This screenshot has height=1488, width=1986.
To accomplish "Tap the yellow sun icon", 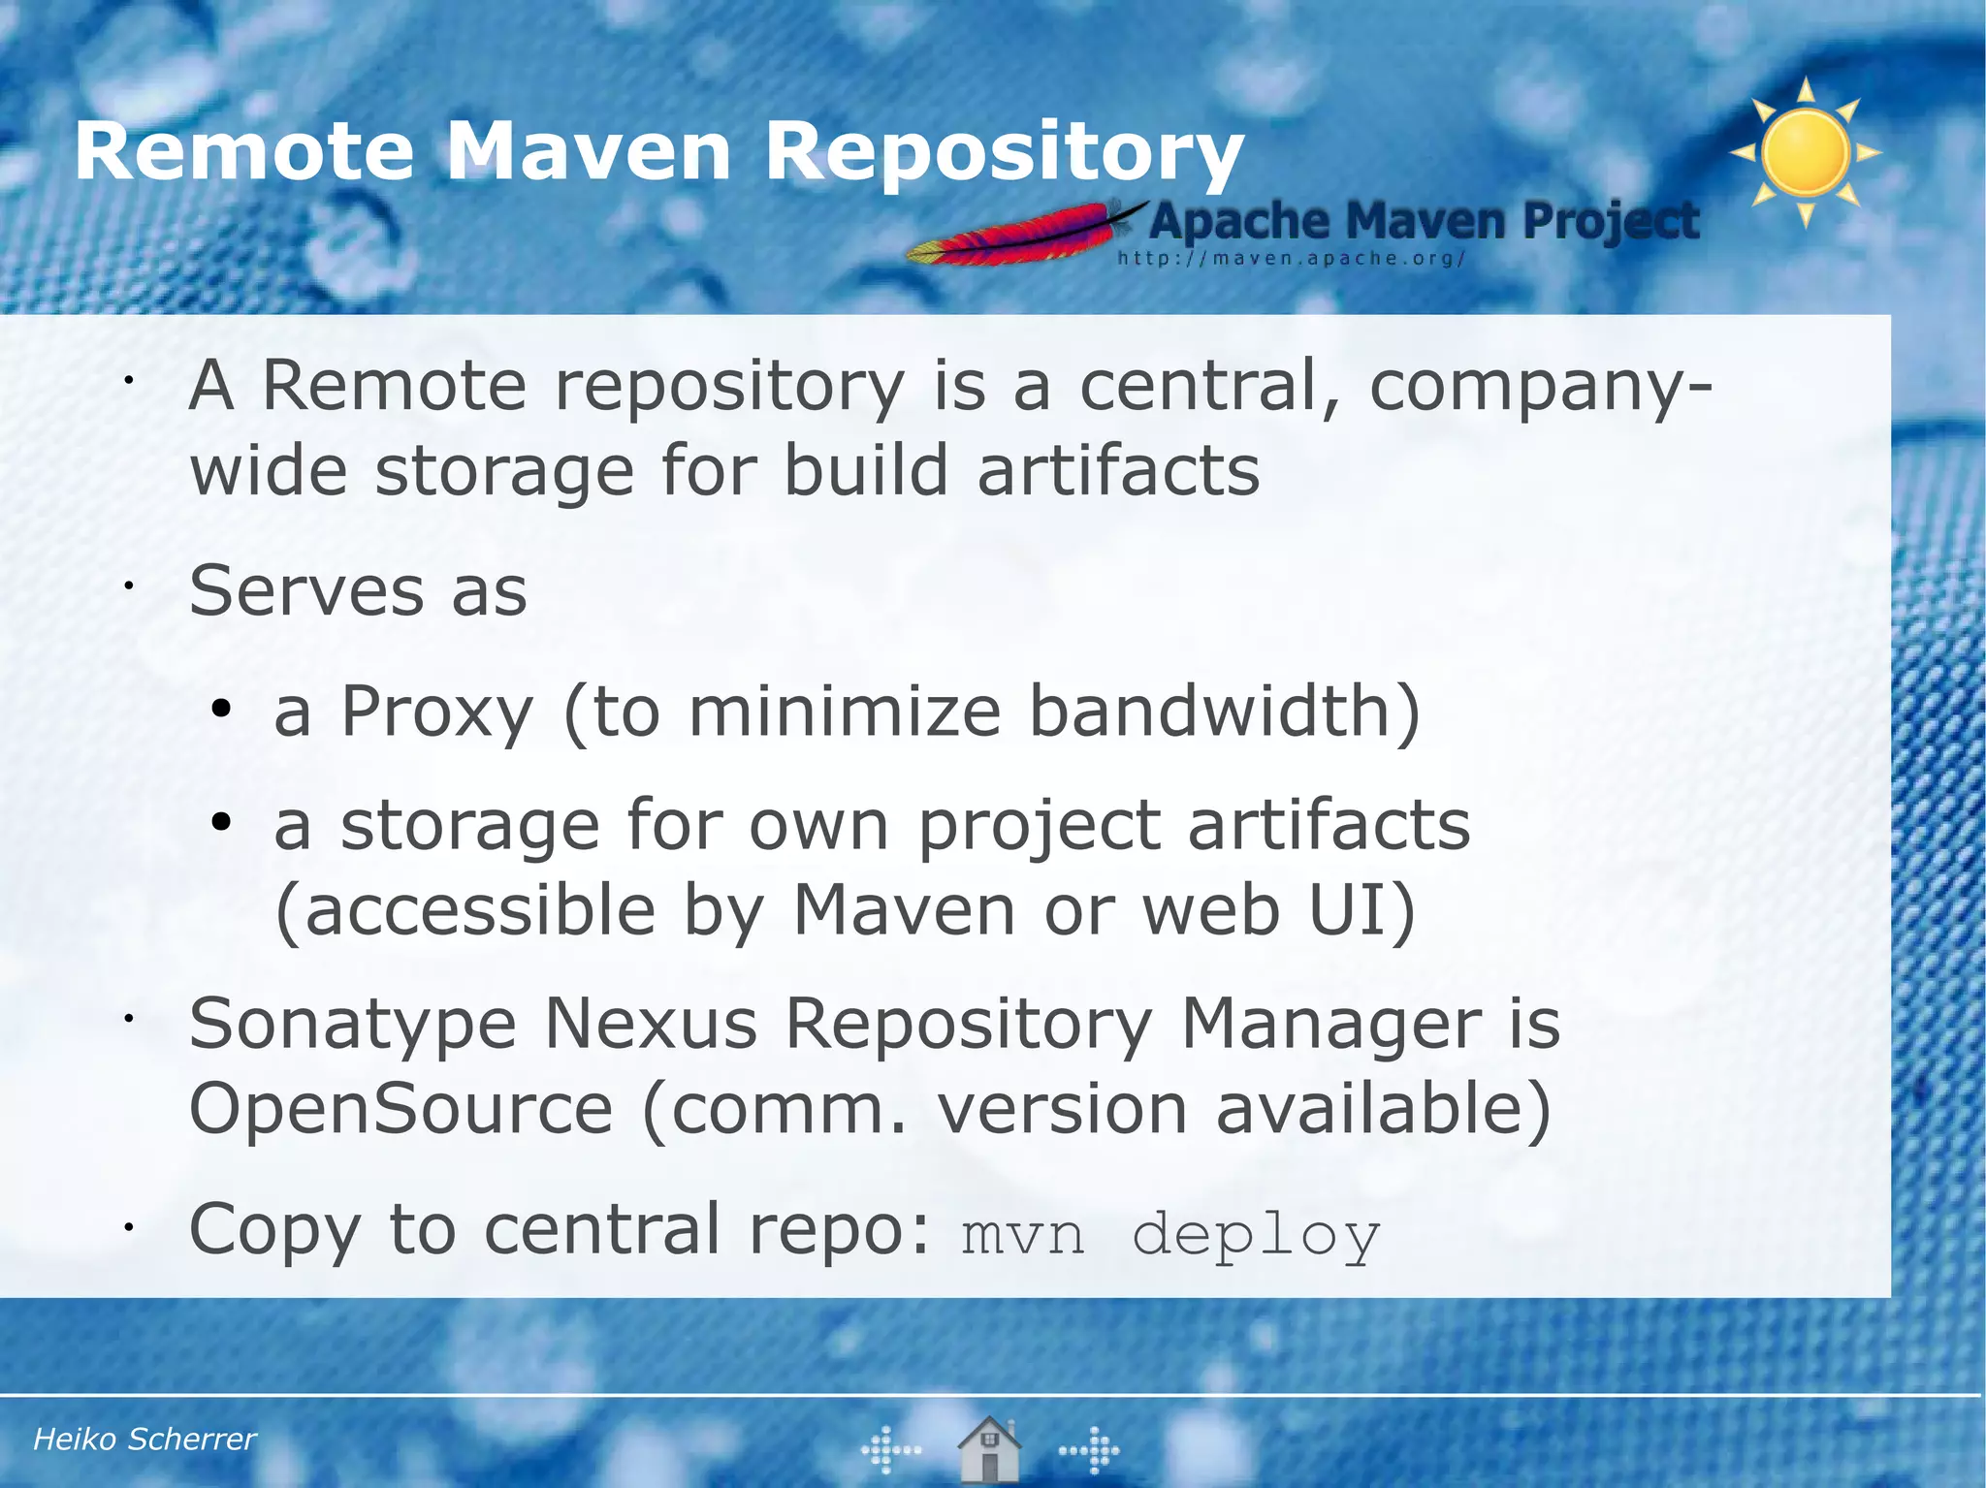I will [x=1806, y=153].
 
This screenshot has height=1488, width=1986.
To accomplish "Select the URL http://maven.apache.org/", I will [x=1291, y=259].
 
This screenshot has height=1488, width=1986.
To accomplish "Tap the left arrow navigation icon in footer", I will [x=890, y=1450].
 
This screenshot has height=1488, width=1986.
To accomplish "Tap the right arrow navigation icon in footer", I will [x=1090, y=1450].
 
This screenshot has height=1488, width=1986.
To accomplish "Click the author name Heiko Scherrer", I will [x=144, y=1439].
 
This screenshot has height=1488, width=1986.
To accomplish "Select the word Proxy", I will [x=437, y=712].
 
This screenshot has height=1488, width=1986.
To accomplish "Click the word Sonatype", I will [x=353, y=1025].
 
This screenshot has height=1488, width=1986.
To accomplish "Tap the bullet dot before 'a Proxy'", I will [x=221, y=711].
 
